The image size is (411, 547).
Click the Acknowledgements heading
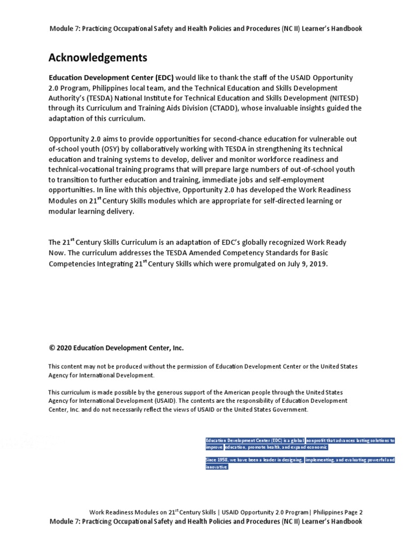coord(97,58)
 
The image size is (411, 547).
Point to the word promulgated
coord(255,263)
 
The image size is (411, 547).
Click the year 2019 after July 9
coord(317,263)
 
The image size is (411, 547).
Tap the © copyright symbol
coord(52,348)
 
